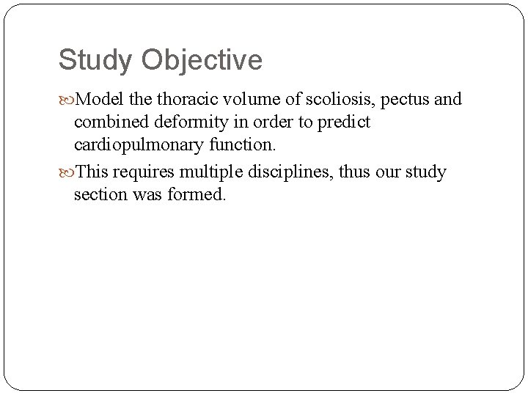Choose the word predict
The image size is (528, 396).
(345, 122)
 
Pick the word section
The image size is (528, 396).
(98, 196)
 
